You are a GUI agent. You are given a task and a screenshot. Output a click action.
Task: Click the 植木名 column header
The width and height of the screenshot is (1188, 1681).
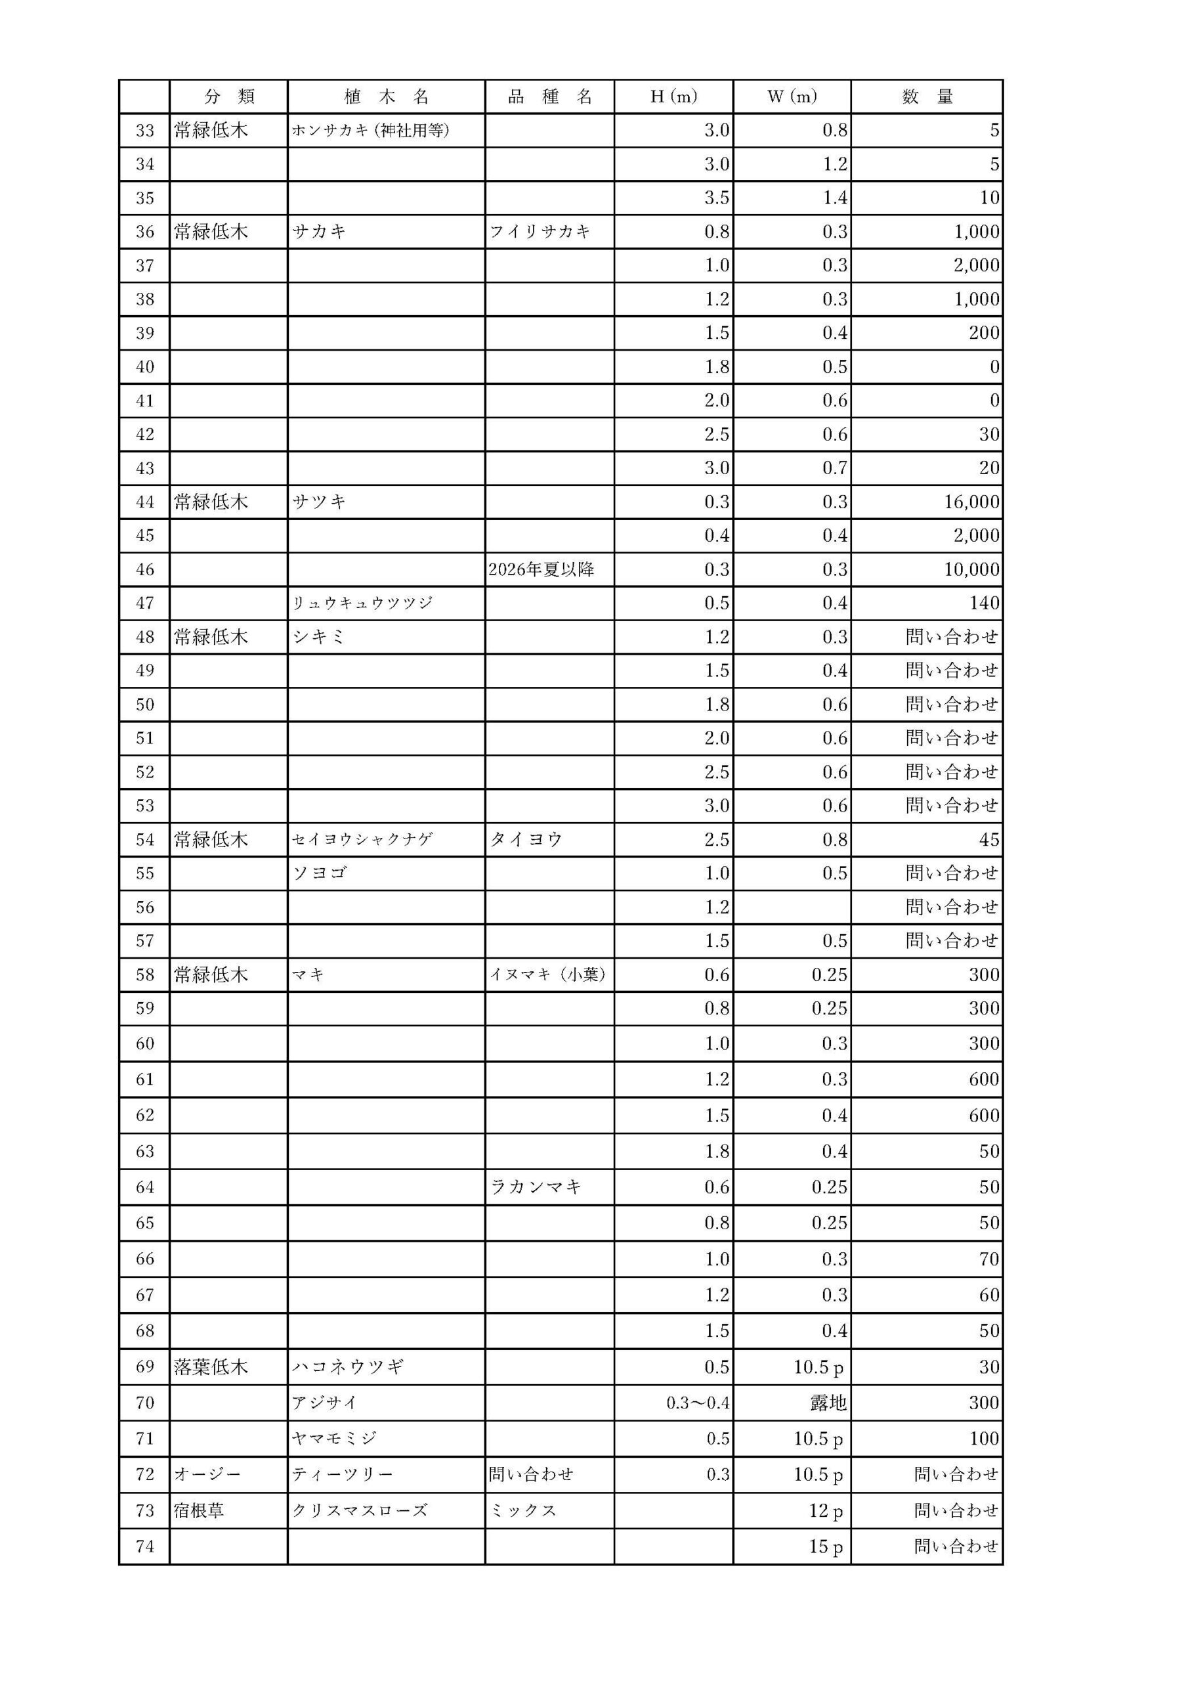point(386,97)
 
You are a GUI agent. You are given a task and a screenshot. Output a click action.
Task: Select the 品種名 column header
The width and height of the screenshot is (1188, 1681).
point(550,97)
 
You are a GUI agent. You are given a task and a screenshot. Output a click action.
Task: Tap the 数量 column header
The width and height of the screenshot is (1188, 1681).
point(927,97)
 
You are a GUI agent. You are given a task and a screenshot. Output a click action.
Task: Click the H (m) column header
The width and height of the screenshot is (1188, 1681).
point(673,97)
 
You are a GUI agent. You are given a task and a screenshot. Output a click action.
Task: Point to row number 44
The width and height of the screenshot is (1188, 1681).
point(145,502)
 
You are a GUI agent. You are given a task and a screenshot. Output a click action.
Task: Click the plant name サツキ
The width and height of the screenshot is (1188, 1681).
point(319,502)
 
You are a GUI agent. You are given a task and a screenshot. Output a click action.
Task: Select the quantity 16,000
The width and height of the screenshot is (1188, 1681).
point(971,502)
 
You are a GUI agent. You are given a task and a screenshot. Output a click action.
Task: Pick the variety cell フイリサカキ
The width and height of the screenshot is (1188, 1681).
point(540,232)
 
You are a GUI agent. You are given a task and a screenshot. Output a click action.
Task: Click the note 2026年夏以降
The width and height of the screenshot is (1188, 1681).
point(541,569)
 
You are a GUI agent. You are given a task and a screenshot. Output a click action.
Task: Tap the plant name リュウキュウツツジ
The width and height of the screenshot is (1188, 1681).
point(362,603)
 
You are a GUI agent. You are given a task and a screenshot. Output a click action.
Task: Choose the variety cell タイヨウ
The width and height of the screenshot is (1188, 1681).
point(526,840)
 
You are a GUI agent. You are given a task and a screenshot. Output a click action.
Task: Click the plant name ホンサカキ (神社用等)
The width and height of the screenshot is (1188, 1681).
point(370,130)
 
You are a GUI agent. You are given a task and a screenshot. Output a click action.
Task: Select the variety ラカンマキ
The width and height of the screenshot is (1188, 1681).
point(536,1187)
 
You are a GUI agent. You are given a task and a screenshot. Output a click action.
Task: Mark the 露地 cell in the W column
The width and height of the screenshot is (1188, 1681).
point(828,1403)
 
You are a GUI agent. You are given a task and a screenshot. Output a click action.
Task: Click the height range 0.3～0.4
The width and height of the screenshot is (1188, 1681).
point(698,1403)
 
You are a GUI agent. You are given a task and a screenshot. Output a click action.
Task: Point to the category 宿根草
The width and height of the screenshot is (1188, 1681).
point(198,1510)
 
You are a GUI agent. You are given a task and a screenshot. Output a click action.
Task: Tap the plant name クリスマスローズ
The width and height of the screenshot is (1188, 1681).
point(360,1510)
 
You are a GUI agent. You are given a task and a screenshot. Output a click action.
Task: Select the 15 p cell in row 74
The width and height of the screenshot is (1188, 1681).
point(826,1546)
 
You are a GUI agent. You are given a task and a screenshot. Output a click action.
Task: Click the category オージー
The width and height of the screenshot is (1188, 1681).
point(207,1475)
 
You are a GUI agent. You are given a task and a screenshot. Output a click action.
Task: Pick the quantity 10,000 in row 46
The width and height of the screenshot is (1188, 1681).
point(971,569)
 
